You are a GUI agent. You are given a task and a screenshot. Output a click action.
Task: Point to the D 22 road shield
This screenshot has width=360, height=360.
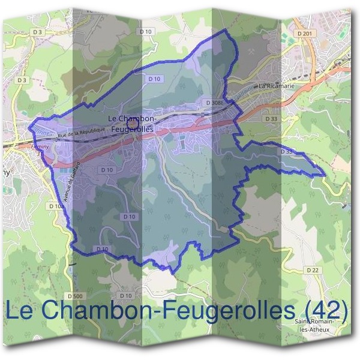tap(313, 271)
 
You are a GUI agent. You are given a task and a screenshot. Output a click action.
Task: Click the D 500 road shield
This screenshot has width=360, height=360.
tap(75, 296)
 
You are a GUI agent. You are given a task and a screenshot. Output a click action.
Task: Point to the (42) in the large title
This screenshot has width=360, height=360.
tap(325, 310)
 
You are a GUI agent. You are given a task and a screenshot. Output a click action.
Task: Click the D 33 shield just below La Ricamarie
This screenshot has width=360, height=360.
tap(274, 119)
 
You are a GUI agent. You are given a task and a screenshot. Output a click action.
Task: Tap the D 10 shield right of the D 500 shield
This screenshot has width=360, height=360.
tap(125, 296)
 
